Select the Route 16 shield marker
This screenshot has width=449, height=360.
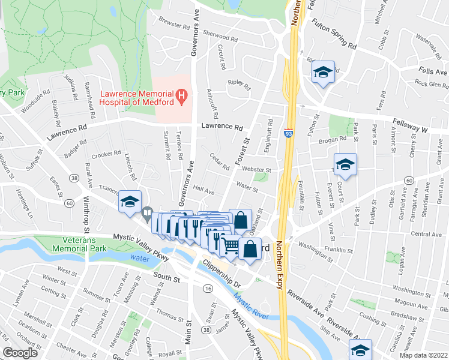pos(208,289)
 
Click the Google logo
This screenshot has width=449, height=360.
pos(20,353)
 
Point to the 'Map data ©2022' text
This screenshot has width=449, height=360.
pos(423,355)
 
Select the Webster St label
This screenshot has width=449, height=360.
pos(257,170)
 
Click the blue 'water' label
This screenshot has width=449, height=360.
pos(137,258)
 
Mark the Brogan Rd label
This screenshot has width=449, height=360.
pos(334,139)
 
